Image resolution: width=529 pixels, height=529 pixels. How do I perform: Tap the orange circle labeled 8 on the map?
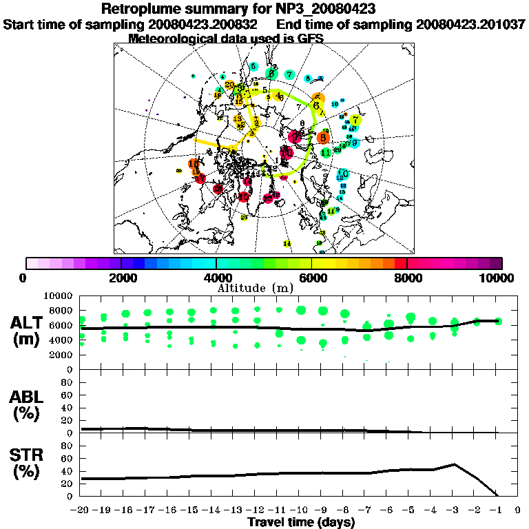point(324,137)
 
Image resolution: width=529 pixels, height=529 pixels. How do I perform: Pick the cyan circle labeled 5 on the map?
point(254,67)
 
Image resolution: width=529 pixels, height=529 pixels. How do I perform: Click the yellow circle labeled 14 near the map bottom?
point(287,244)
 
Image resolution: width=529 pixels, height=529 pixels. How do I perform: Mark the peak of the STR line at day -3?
point(454,464)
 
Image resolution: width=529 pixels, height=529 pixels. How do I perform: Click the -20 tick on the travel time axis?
point(81,510)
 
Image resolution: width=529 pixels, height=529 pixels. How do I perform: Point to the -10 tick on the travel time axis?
point(300,510)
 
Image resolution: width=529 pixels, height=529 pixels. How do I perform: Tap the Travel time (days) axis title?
point(301,523)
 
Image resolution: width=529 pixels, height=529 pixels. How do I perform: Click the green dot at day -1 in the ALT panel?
point(498,321)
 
